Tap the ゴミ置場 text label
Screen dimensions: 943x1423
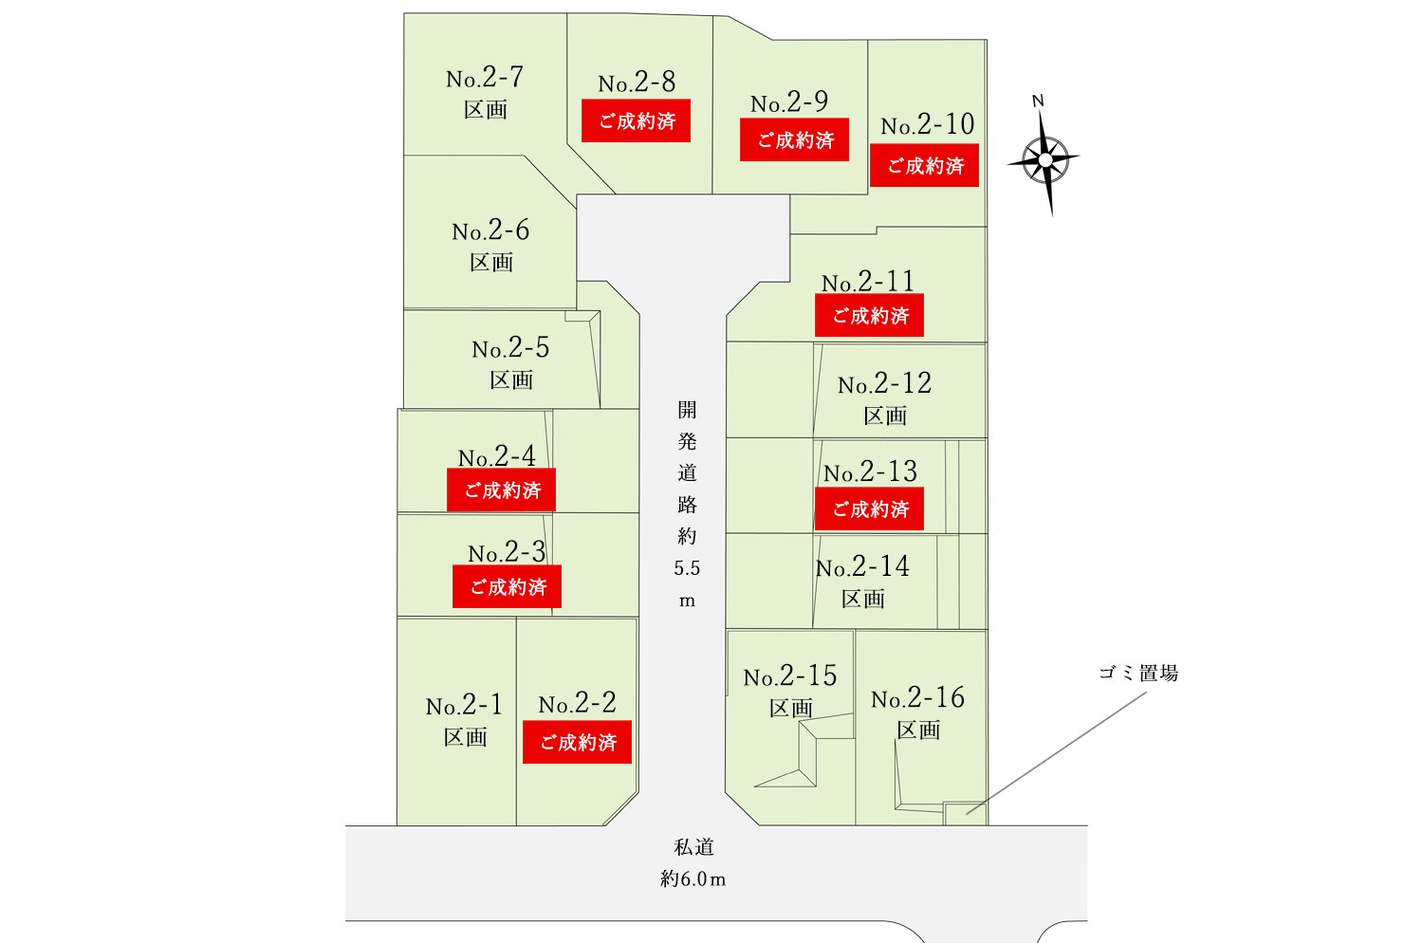click(x=1138, y=674)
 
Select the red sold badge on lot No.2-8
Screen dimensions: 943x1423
click(x=636, y=121)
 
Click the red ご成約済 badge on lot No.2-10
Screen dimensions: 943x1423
click(x=924, y=166)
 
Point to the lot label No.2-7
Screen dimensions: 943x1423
click(x=485, y=78)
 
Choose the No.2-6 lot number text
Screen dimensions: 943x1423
click(x=490, y=231)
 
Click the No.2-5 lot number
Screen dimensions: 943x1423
click(x=510, y=348)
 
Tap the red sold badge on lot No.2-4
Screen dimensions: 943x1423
click(x=501, y=490)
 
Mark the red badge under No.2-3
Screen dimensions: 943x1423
click(x=508, y=587)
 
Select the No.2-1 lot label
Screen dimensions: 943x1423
click(x=464, y=706)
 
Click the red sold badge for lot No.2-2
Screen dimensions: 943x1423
click(x=577, y=742)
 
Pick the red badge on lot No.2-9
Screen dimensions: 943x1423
click(x=794, y=140)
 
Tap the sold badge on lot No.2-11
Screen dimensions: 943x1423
click(x=869, y=316)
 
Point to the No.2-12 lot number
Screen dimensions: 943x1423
click(x=884, y=384)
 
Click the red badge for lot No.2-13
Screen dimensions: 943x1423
click(x=869, y=509)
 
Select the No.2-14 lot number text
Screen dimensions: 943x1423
click(x=862, y=567)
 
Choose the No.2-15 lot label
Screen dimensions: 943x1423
click(x=790, y=676)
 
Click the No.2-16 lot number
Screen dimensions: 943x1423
click(x=917, y=699)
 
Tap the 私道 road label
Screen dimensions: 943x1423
click(x=693, y=847)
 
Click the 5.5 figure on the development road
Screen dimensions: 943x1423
click(x=687, y=568)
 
